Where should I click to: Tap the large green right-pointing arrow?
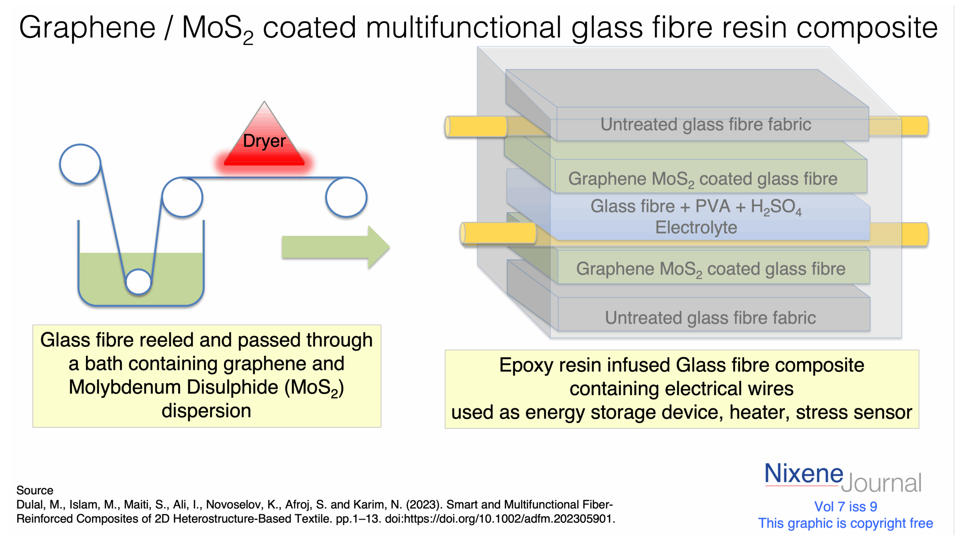tap(336, 247)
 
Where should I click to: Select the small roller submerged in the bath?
tap(138, 282)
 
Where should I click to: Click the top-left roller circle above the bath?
tap(80, 164)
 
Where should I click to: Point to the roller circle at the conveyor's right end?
tap(346, 197)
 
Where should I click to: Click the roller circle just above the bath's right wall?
tap(182, 197)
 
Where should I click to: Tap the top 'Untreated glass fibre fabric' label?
tap(706, 125)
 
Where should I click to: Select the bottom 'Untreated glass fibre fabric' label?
tap(710, 318)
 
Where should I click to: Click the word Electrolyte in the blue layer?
tap(696, 227)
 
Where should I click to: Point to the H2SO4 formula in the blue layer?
tap(776, 207)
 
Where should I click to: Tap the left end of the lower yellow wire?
tap(463, 233)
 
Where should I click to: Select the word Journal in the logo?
tap(881, 483)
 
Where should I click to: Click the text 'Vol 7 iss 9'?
tap(845, 506)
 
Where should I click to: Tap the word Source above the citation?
tap(35, 490)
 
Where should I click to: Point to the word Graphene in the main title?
tap(87, 28)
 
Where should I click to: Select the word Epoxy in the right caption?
tap(526, 365)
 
